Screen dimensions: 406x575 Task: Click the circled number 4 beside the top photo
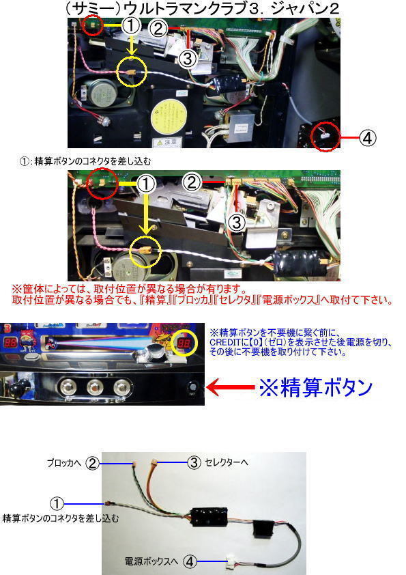pos(367,137)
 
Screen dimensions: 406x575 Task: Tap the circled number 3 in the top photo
pos(188,58)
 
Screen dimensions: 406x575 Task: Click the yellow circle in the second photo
pos(147,251)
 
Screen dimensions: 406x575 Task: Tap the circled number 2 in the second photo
pos(191,182)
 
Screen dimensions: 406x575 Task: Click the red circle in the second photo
pos(102,183)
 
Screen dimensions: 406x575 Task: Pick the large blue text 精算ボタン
pos(315,388)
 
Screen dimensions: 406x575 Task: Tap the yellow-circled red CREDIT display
pos(184,344)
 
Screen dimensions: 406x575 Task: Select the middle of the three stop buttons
pos(95,387)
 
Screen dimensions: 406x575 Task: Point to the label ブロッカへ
pos(63,463)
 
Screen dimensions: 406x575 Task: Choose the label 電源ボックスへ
pos(151,561)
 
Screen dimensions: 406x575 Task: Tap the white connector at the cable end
pos(232,561)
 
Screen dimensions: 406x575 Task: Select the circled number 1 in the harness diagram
pos(57,503)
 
